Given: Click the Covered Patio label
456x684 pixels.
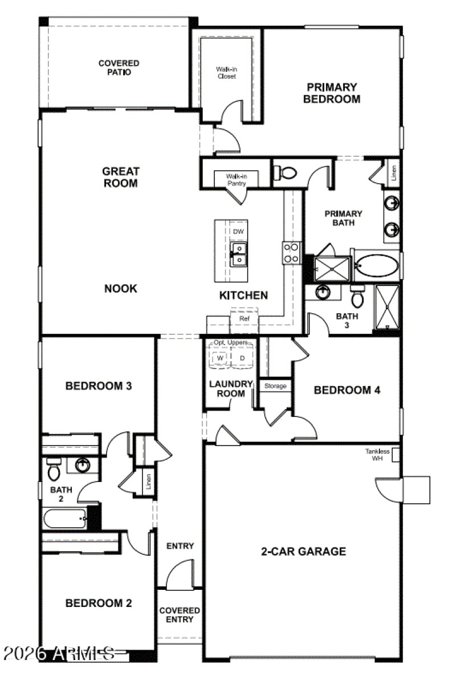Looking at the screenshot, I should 119,68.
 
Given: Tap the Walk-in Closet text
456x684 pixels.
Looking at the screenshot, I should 226,72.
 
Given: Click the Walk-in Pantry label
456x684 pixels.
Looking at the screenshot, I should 235,180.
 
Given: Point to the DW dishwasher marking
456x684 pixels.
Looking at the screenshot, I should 238,231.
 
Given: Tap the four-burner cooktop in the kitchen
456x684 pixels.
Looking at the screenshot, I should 291,253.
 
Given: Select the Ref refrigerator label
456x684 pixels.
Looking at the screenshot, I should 244,319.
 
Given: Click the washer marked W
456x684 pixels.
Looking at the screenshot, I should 220,358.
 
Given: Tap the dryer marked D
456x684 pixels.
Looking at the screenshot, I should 242,358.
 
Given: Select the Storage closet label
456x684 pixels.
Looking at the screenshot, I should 275,386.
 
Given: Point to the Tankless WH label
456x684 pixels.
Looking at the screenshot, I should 377,455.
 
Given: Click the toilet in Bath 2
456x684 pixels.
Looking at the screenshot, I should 54,470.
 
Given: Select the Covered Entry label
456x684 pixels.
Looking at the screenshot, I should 180,615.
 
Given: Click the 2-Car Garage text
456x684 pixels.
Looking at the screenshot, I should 303,552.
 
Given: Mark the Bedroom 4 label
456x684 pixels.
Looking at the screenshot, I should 347,390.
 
